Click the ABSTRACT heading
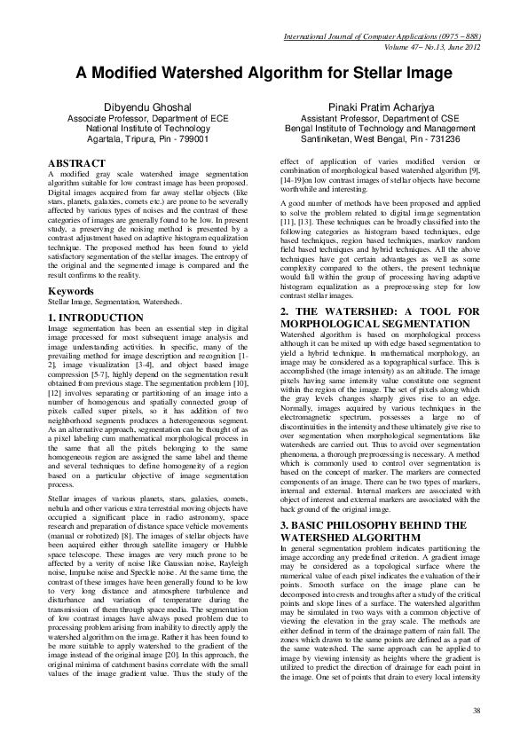[x=75, y=165]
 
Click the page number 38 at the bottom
[x=477, y=711]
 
